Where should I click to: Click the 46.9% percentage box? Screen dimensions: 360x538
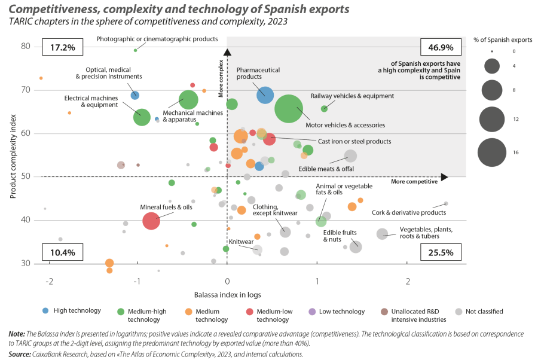click(442, 47)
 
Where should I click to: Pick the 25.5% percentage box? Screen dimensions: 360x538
click(442, 252)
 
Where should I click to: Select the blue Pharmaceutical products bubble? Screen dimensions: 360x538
click(265, 94)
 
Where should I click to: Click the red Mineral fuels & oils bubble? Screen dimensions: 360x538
click(151, 221)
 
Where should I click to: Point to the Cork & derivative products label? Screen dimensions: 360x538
click(409, 212)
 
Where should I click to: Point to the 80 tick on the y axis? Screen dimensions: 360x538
click(27, 47)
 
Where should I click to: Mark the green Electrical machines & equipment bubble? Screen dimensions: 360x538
click(142, 116)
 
